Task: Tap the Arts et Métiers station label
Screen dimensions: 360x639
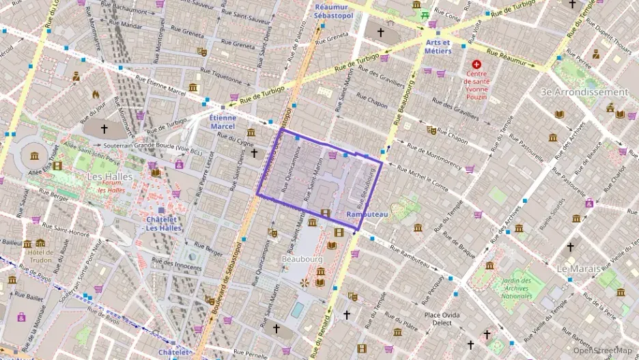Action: [x=438, y=46]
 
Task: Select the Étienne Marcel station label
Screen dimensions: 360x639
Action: [x=222, y=121]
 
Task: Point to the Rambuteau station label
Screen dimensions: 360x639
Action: [x=367, y=214]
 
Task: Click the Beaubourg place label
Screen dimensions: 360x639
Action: [x=302, y=260]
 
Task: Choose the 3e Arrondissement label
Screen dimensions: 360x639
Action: [x=584, y=92]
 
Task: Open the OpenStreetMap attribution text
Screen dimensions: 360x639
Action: [x=602, y=350]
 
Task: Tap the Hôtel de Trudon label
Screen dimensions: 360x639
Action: [x=41, y=256]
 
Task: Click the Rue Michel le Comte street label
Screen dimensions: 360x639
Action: [x=422, y=179]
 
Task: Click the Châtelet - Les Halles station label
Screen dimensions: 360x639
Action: [x=164, y=223]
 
